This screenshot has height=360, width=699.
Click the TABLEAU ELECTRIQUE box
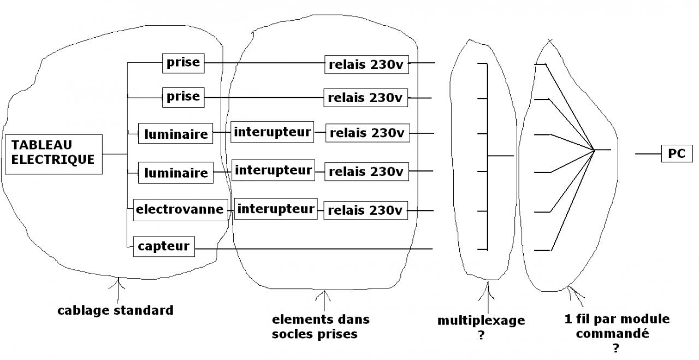[x=52, y=153]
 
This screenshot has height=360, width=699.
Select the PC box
[x=676, y=154]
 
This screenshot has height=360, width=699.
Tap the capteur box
[x=163, y=246]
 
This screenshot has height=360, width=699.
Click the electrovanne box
[x=180, y=209]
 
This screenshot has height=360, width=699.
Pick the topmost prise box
[x=183, y=63]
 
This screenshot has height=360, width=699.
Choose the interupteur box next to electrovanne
[x=276, y=209]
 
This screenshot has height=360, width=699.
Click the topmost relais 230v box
[x=366, y=64]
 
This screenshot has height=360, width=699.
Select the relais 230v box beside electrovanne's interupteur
[x=366, y=210]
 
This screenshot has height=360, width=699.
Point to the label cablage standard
[x=115, y=311]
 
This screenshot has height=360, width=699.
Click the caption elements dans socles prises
[x=321, y=326]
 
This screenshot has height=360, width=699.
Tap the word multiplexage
[x=481, y=321]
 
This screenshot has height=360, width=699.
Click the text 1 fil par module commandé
[x=618, y=326]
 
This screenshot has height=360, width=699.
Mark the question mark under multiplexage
[x=481, y=335]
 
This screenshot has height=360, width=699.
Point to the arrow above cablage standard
[x=119, y=290]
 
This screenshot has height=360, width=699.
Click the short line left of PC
[x=648, y=154]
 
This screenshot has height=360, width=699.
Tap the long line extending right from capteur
[x=314, y=249]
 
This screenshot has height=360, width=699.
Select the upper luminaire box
[x=176, y=134]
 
